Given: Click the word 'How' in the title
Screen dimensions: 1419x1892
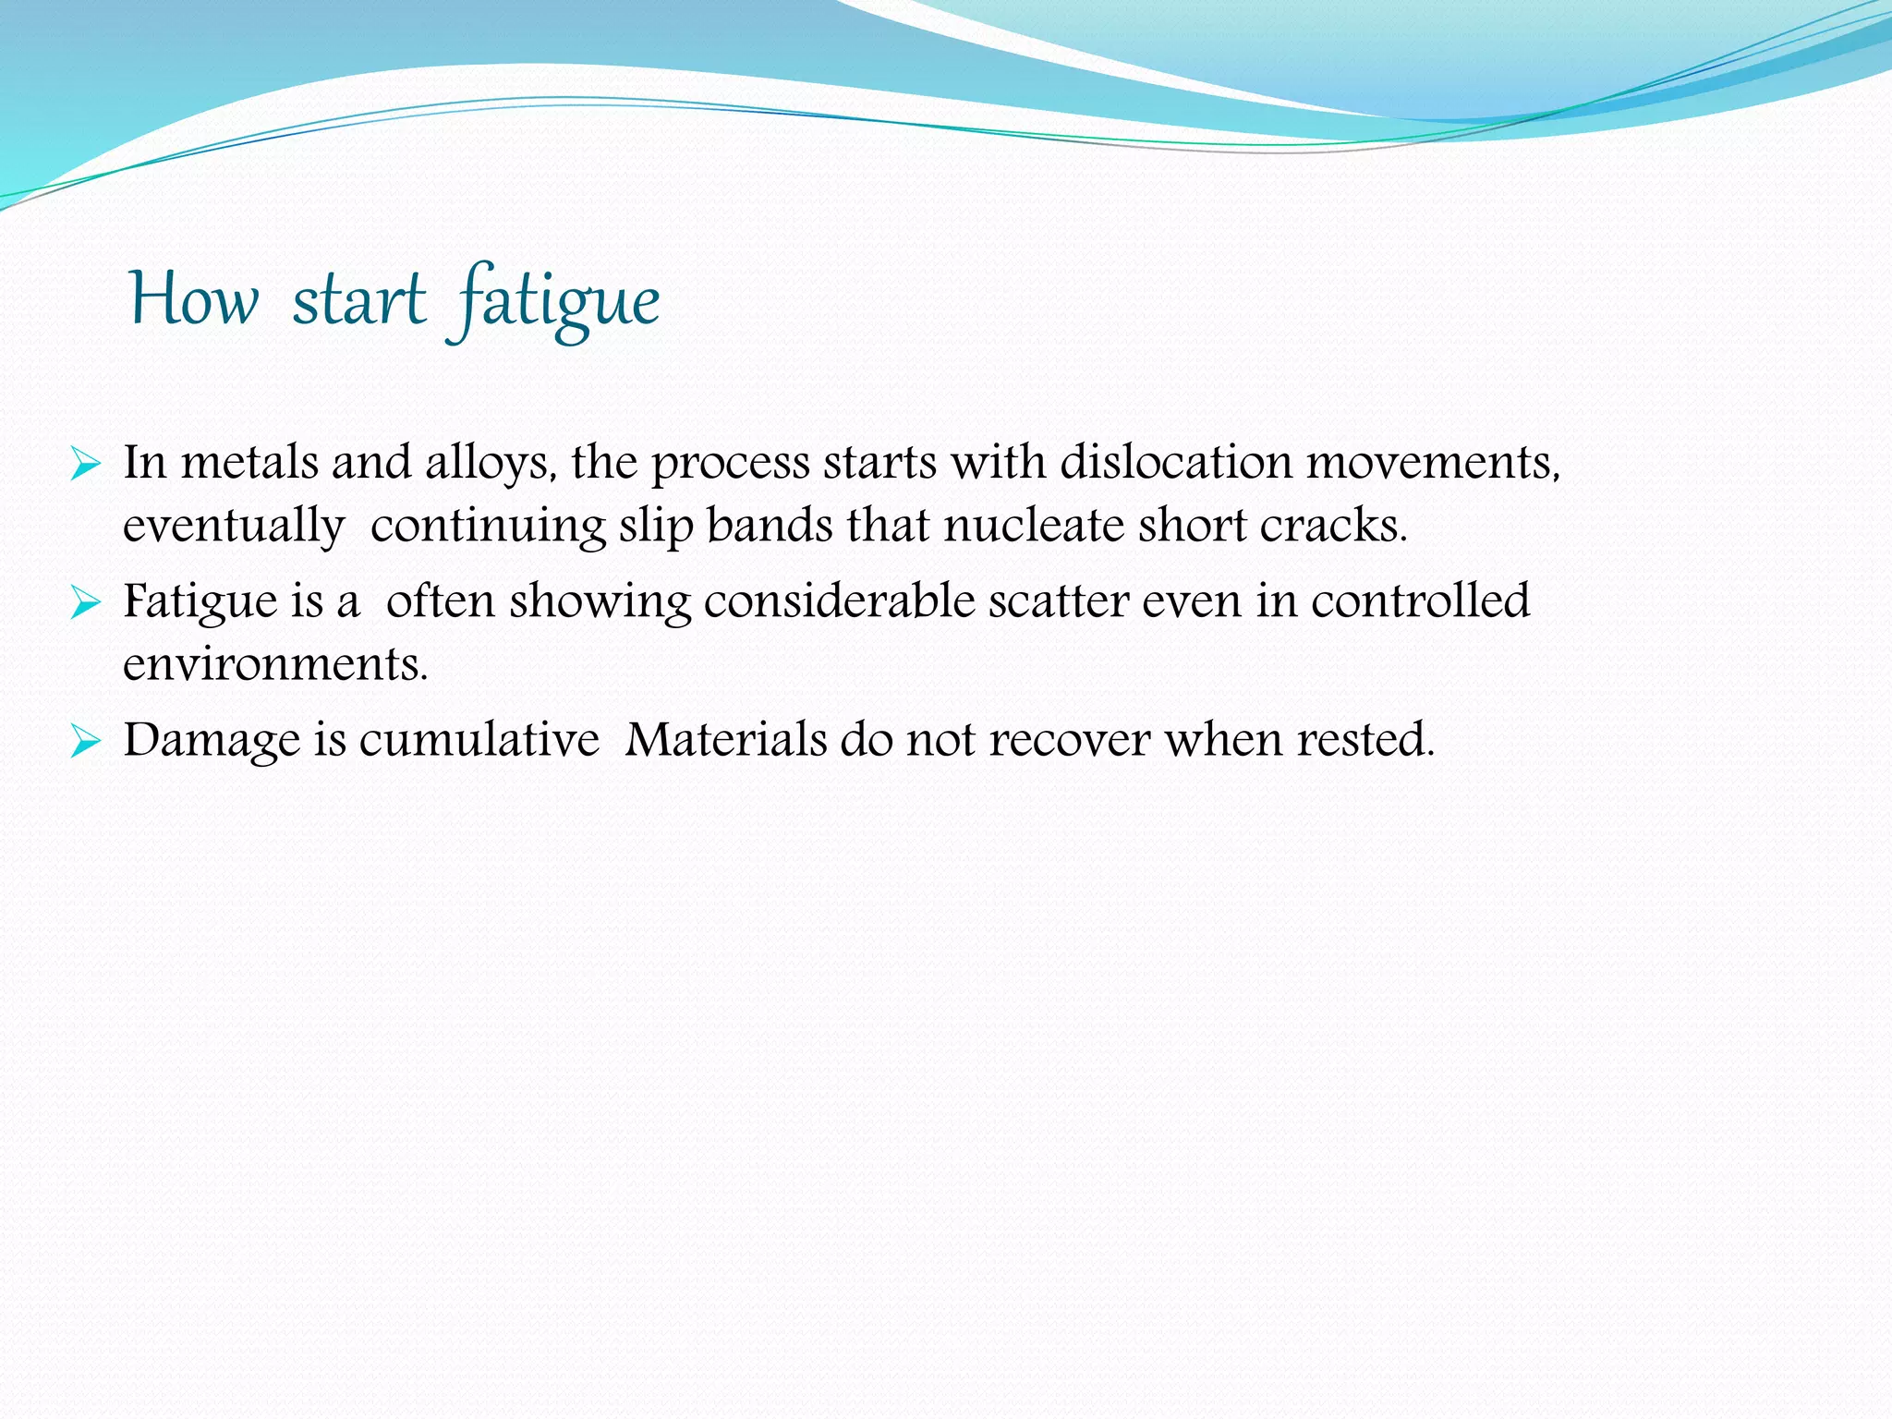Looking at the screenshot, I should tap(193, 300).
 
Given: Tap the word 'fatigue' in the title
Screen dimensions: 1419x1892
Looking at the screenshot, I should tap(552, 300).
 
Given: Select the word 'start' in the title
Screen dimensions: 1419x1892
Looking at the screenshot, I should tap(359, 300).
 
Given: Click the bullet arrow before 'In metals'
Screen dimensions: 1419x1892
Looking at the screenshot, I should tap(85, 465).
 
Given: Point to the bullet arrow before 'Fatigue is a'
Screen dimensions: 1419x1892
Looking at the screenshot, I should tap(85, 604).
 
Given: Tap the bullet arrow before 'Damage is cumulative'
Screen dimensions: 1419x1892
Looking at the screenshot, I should tap(85, 742).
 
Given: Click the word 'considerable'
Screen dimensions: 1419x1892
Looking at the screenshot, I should tap(839, 601).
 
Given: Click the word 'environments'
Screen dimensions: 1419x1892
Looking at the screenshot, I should tap(274, 664).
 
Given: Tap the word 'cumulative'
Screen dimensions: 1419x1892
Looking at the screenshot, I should tap(479, 740).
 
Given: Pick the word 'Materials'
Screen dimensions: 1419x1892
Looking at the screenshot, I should tap(725, 740).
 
